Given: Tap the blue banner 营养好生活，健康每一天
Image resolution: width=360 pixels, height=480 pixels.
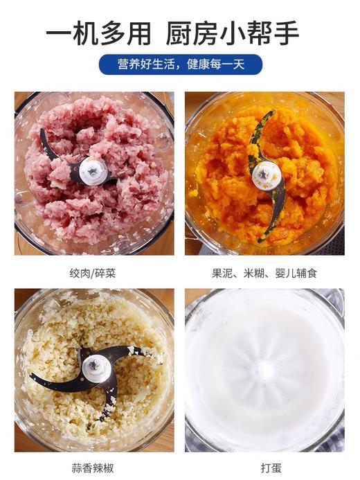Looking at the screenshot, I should [x=180, y=64].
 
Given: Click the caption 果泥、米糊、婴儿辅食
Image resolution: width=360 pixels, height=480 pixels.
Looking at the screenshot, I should [x=264, y=273].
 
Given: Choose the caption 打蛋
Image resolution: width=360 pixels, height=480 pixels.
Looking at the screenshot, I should [x=264, y=469].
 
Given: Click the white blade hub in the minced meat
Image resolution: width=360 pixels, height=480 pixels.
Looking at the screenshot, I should [x=93, y=170].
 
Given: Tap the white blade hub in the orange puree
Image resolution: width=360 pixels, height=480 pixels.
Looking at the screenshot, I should [x=263, y=174].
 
